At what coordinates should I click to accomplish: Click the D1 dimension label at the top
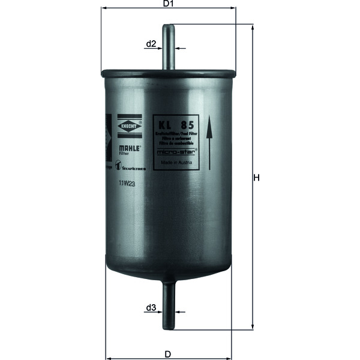point(169,4)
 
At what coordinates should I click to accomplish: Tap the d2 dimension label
point(151,44)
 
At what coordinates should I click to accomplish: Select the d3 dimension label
point(151,308)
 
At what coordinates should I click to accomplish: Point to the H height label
point(256,178)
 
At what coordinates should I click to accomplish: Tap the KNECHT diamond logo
point(130,126)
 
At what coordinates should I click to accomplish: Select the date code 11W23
point(127,185)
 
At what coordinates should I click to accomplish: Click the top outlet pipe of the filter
point(169,48)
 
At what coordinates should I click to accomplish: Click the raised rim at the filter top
point(169,74)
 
